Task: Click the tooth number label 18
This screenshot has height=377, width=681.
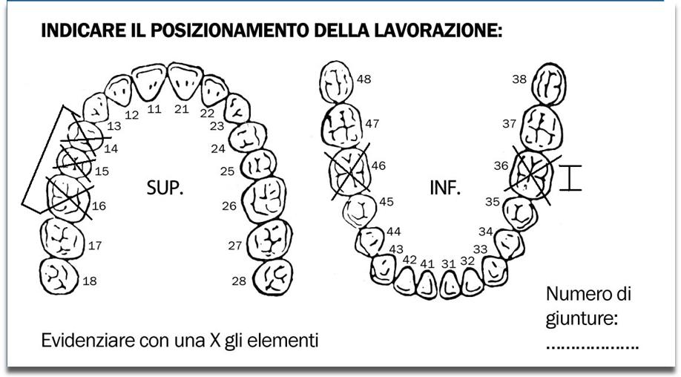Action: pyautogui.click(x=90, y=281)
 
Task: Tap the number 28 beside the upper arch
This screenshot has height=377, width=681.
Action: pyautogui.click(x=239, y=281)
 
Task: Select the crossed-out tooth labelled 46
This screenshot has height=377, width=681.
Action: pyautogui.click(x=350, y=171)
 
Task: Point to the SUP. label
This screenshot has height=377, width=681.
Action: pyautogui.click(x=165, y=187)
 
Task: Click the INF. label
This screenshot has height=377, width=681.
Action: pyautogui.click(x=445, y=187)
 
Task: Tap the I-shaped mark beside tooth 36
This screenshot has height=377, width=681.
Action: pyautogui.click(x=570, y=177)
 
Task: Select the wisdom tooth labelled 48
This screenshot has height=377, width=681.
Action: pyautogui.click(x=337, y=82)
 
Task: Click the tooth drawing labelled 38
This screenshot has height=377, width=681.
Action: pyautogui.click(x=550, y=85)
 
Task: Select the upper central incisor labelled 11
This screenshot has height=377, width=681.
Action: pyautogui.click(x=149, y=82)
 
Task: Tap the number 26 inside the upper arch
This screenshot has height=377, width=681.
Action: pyautogui.click(x=229, y=206)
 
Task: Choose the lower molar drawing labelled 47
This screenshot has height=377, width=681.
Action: pyautogui.click(x=342, y=125)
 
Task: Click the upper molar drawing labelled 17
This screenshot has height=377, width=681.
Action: pyautogui.click(x=62, y=238)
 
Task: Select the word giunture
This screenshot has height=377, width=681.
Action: pyautogui.click(x=582, y=319)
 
